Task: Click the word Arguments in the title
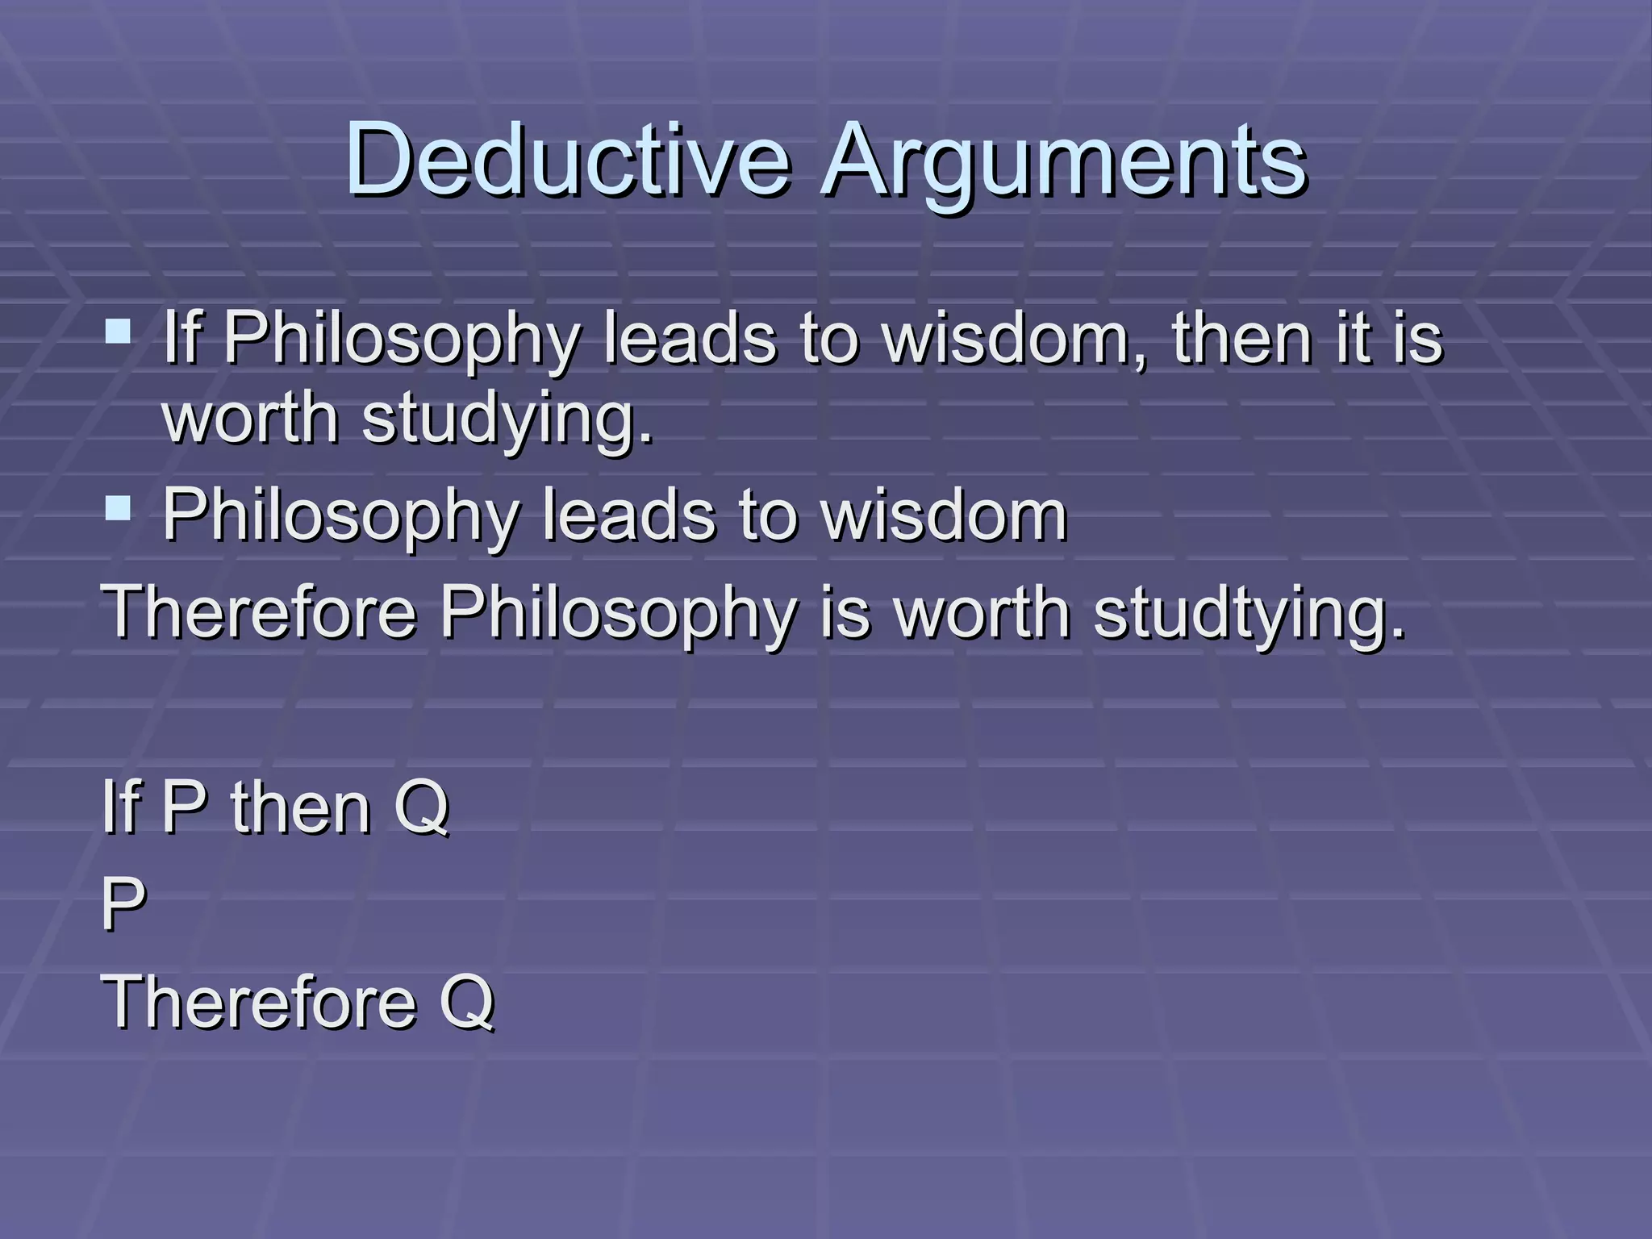click(1063, 161)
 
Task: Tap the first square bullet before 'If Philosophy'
click(118, 332)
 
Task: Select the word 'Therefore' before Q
click(259, 1002)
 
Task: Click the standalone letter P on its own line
click(123, 904)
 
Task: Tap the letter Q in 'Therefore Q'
click(467, 1002)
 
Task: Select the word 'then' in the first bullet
click(1242, 339)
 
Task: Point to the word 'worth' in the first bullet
click(251, 419)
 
